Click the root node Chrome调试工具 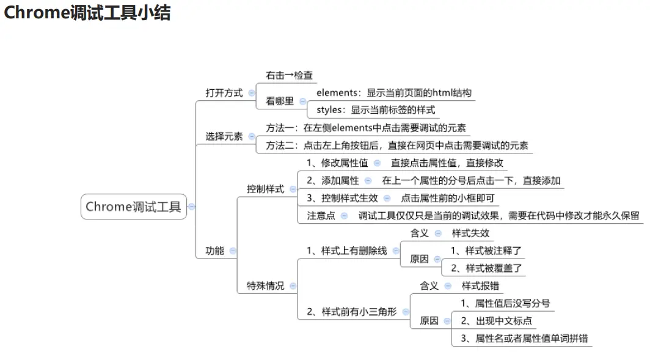[133, 207]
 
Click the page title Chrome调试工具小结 [87, 13]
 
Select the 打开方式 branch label [224, 93]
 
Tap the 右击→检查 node [289, 75]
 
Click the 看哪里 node [280, 101]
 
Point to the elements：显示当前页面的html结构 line [393, 93]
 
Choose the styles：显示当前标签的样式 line [375, 110]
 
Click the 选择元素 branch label [224, 136]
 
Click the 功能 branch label [214, 251]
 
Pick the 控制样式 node [265, 189]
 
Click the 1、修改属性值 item [337, 163]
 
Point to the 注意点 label [321, 215]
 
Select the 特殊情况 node [265, 285]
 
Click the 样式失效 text [470, 233]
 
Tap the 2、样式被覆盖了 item [486, 268]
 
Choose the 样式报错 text [480, 285]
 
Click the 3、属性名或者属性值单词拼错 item [524, 338]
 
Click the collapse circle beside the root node [192, 207]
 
